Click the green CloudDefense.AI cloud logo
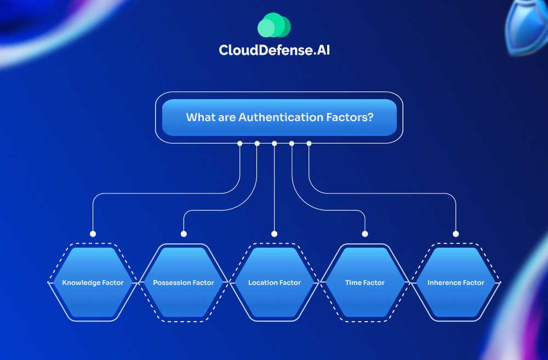(274, 25)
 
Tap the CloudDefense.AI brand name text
(274, 50)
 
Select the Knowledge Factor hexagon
(93, 283)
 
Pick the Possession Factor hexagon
(184, 283)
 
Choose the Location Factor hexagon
(275, 283)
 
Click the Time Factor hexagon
(365, 283)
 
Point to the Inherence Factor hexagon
(456, 283)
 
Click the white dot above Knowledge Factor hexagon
(93, 233)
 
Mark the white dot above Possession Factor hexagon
(184, 233)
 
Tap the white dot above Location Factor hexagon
(275, 233)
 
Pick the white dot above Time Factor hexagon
(365, 233)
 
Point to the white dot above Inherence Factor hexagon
(456, 233)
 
